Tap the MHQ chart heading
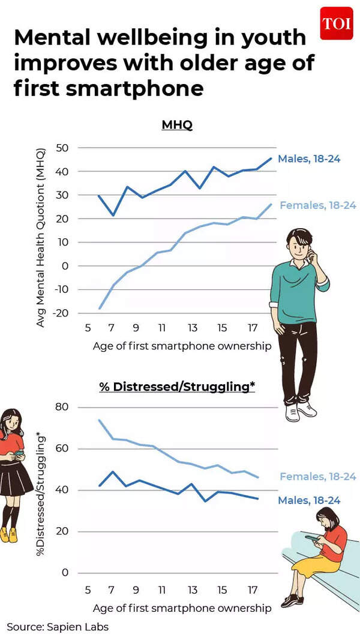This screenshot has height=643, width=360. (176, 125)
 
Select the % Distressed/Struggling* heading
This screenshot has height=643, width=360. (177, 387)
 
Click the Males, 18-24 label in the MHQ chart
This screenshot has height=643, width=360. (309, 159)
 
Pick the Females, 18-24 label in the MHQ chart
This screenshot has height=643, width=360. (318, 205)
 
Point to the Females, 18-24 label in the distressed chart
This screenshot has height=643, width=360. (318, 477)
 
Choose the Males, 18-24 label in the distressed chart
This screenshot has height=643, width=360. (309, 500)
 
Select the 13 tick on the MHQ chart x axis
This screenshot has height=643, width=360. (192, 328)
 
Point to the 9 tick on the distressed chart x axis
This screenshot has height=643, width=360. (136, 589)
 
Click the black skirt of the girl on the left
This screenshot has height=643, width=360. (16, 481)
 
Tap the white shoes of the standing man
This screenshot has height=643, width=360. (299, 411)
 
